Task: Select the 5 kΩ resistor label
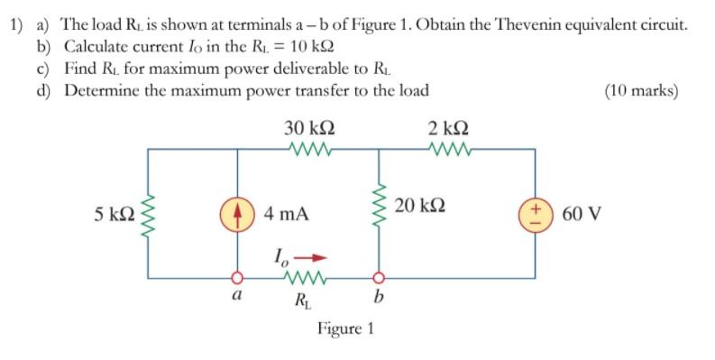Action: (114, 215)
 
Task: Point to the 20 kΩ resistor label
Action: (417, 206)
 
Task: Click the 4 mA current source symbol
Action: (237, 214)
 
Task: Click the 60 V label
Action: (582, 215)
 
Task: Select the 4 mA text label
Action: (287, 215)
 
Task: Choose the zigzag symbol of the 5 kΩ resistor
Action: (147, 215)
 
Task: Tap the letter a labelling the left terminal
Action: (236, 295)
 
